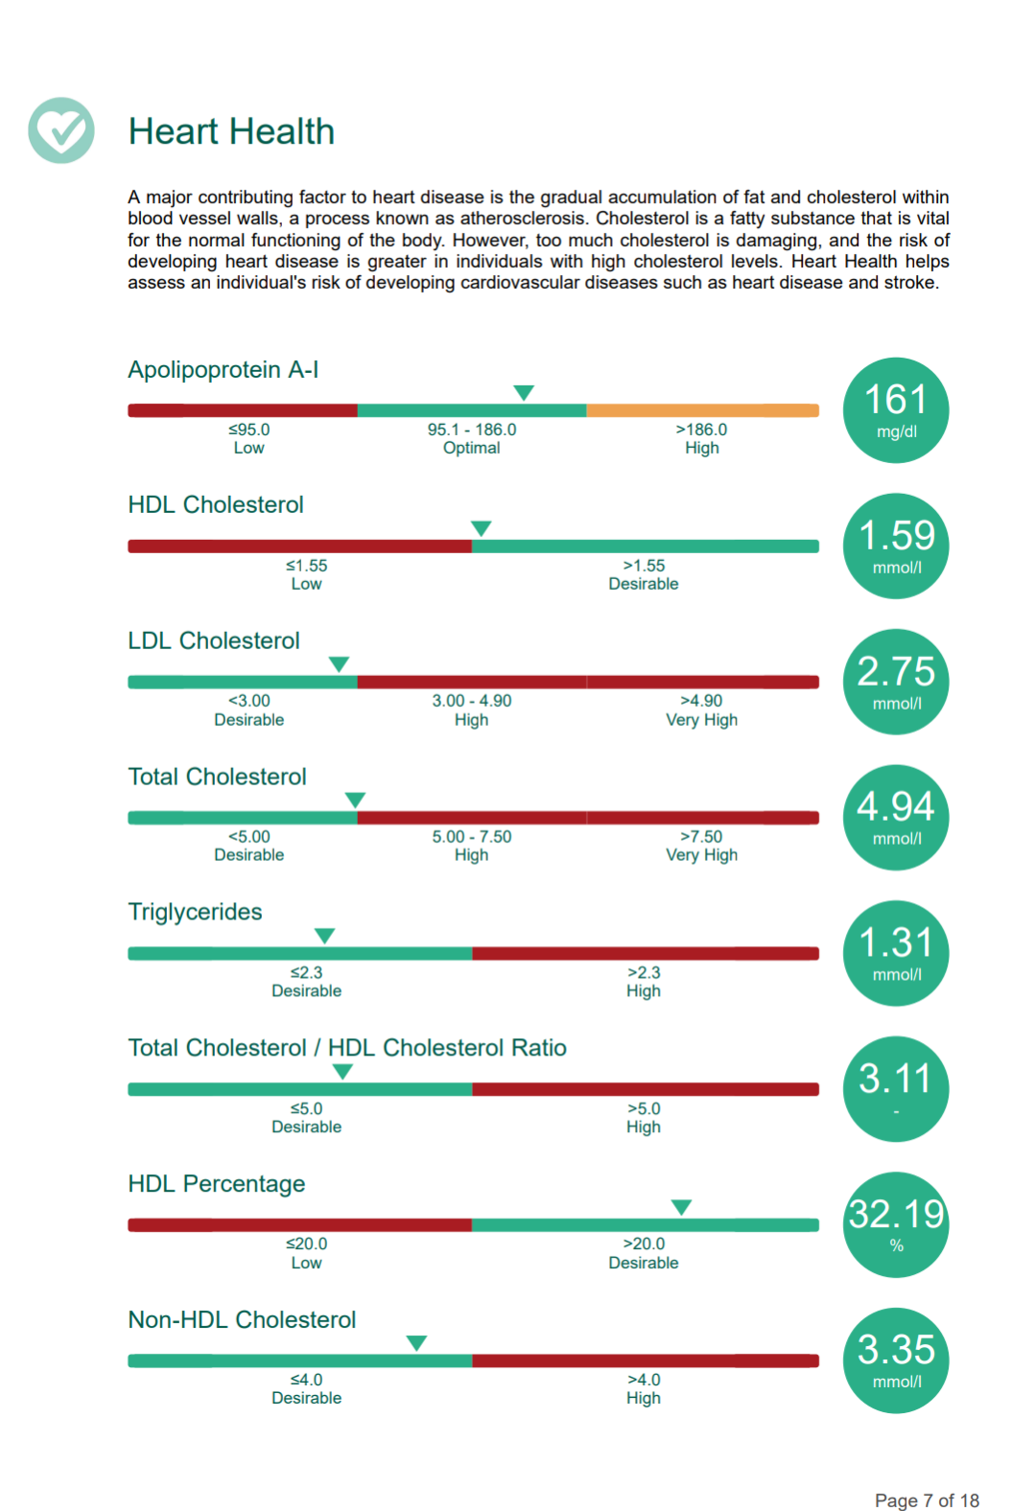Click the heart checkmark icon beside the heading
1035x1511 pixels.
pos(61,130)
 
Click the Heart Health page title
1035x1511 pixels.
pos(231,130)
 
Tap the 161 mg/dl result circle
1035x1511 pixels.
pos(896,410)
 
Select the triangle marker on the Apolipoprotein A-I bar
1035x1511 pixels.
pos(524,392)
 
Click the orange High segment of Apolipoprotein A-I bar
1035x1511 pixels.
pos(703,410)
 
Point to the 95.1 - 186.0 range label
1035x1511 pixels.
pos(472,430)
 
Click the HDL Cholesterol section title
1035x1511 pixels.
pos(216,504)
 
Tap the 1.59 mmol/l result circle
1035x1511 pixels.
pos(896,546)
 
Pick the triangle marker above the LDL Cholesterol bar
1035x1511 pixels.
pos(339,664)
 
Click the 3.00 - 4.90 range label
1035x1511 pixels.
pos(472,701)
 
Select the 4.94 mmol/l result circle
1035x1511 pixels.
pos(896,818)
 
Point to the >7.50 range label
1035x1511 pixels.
pos(702,836)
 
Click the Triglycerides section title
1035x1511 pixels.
pos(195,912)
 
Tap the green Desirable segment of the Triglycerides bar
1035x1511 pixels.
pos(300,953)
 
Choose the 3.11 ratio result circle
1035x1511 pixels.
pos(896,1089)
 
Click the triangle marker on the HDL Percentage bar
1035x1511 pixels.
pos(681,1207)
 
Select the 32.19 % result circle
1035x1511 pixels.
pos(896,1224)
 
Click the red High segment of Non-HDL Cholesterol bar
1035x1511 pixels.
pos(646,1360)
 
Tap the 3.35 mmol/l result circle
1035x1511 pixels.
pos(896,1360)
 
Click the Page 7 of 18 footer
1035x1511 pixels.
pos(927,1500)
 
